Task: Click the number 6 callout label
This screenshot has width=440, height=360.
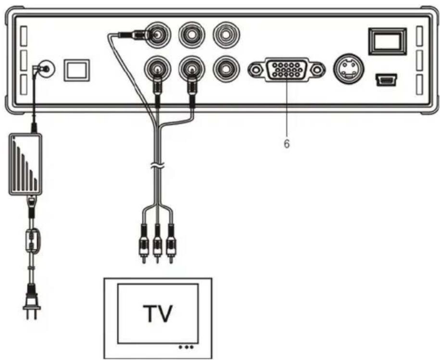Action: [x=287, y=144]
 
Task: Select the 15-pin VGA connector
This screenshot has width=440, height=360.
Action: [x=285, y=70]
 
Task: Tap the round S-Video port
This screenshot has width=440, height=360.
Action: [x=348, y=70]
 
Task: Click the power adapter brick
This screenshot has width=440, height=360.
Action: [x=25, y=165]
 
